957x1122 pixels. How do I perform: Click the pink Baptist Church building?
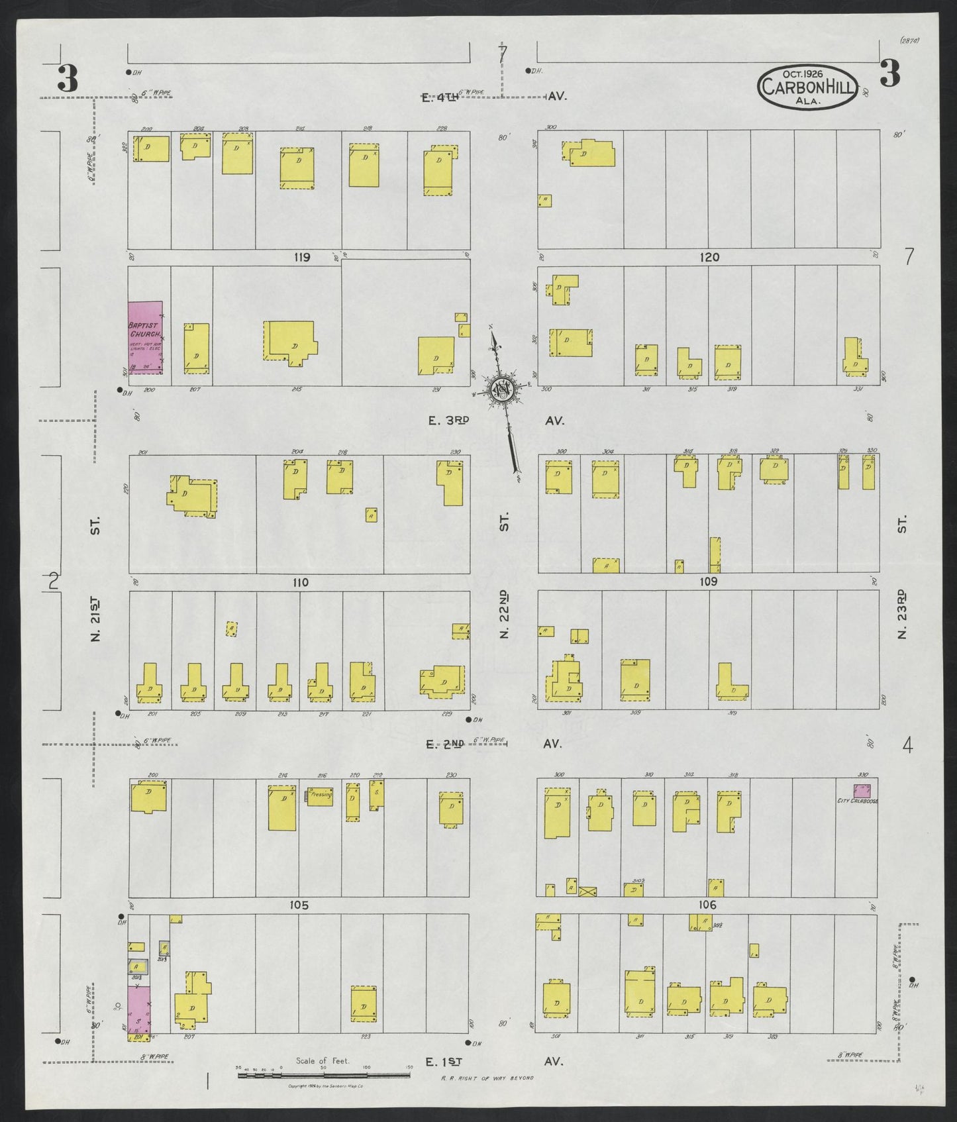click(x=145, y=338)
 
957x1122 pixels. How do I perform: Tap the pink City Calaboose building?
click(x=862, y=790)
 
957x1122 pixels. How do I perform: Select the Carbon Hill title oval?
click(x=807, y=87)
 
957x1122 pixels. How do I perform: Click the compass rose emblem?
click(x=503, y=389)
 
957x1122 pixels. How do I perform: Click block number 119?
click(x=302, y=257)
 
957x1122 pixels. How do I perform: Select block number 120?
click(x=709, y=257)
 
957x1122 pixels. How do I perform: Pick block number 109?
click(x=708, y=582)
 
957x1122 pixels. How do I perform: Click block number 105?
click(x=299, y=905)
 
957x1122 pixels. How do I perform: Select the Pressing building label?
click(x=320, y=795)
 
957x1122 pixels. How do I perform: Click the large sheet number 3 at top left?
click(x=68, y=79)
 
